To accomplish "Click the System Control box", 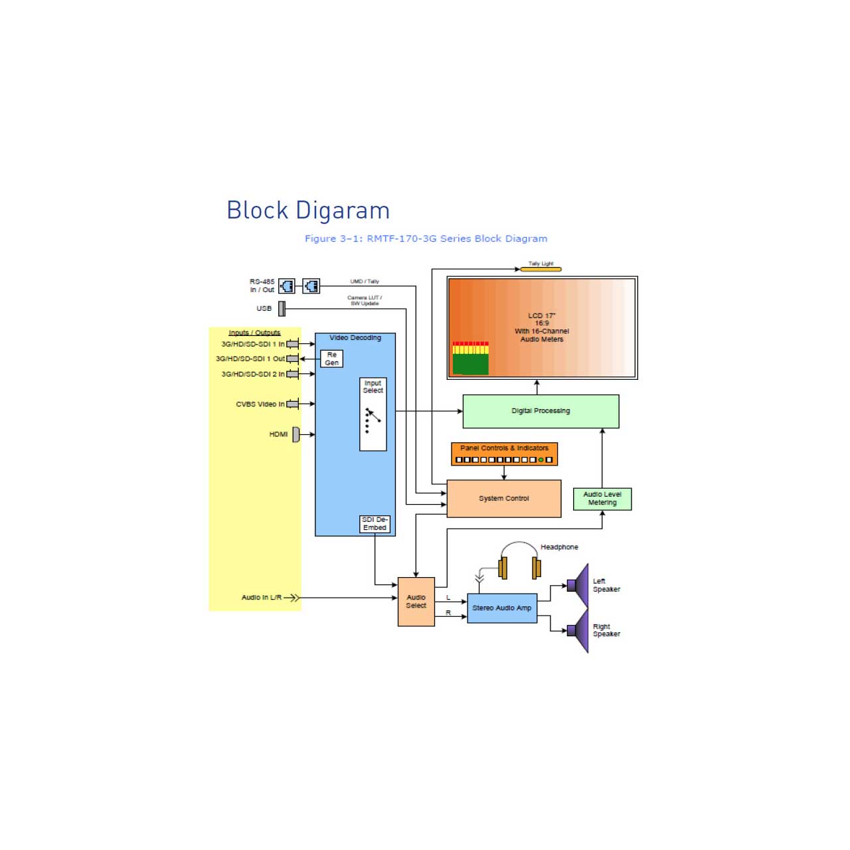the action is pyautogui.click(x=503, y=498).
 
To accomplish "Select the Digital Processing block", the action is pyautogui.click(x=541, y=411).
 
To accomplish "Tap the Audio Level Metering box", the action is pyautogui.click(x=602, y=499).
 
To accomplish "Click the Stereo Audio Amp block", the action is pyautogui.click(x=502, y=608).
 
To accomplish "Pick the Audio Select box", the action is pyautogui.click(x=416, y=602).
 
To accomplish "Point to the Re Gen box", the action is pyautogui.click(x=332, y=359).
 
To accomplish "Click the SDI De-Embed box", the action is pyautogui.click(x=375, y=523).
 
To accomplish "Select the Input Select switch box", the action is pyautogui.click(x=373, y=414).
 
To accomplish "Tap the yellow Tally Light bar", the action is pyautogui.click(x=541, y=269).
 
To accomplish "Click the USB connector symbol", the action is pyautogui.click(x=282, y=309).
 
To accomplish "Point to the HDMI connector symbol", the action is pyautogui.click(x=296, y=434).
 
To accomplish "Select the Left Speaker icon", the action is pyautogui.click(x=578, y=585).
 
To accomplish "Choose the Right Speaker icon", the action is pyautogui.click(x=578, y=630).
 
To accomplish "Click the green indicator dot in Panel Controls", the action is pyautogui.click(x=541, y=460).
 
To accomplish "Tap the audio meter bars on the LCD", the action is pyautogui.click(x=471, y=358).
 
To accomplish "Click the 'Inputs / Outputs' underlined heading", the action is pyautogui.click(x=254, y=333).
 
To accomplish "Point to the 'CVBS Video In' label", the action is pyautogui.click(x=260, y=404).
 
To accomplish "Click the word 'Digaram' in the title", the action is pyautogui.click(x=343, y=211).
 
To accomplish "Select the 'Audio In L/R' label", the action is pyautogui.click(x=262, y=597).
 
